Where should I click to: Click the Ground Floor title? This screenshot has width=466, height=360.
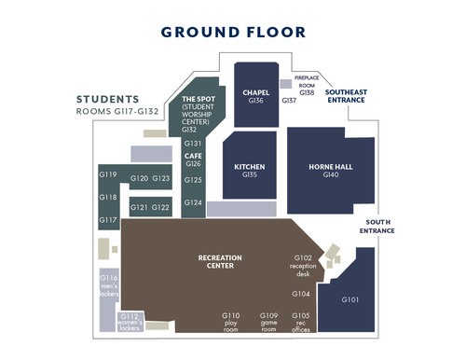pos(233,33)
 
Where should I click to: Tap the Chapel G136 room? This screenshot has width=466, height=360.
pos(256,95)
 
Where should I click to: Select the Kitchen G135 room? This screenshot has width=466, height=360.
pos(250,165)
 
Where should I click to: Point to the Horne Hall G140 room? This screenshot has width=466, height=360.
pos(331,171)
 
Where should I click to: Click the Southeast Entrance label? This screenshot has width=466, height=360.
pos(346,96)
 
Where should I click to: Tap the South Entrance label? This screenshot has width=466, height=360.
pos(377,227)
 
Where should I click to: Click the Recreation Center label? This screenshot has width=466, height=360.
pos(220,262)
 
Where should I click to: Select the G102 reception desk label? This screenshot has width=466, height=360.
pos(303,266)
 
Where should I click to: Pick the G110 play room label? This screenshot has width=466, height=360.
pos(230,323)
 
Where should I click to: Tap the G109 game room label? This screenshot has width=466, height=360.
pos(268,323)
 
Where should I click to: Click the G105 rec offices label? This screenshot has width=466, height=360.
pos(301,323)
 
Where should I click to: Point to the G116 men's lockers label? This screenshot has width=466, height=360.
pos(109,285)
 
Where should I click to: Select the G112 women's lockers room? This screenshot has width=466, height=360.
pos(130,322)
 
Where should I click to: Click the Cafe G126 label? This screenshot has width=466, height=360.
pos(193,159)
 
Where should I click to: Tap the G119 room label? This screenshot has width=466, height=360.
pos(108,174)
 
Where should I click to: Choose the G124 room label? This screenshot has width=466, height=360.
pos(193,202)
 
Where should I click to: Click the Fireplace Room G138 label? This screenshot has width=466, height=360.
pos(307,85)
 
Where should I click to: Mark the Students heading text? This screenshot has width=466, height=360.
pos(107,100)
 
